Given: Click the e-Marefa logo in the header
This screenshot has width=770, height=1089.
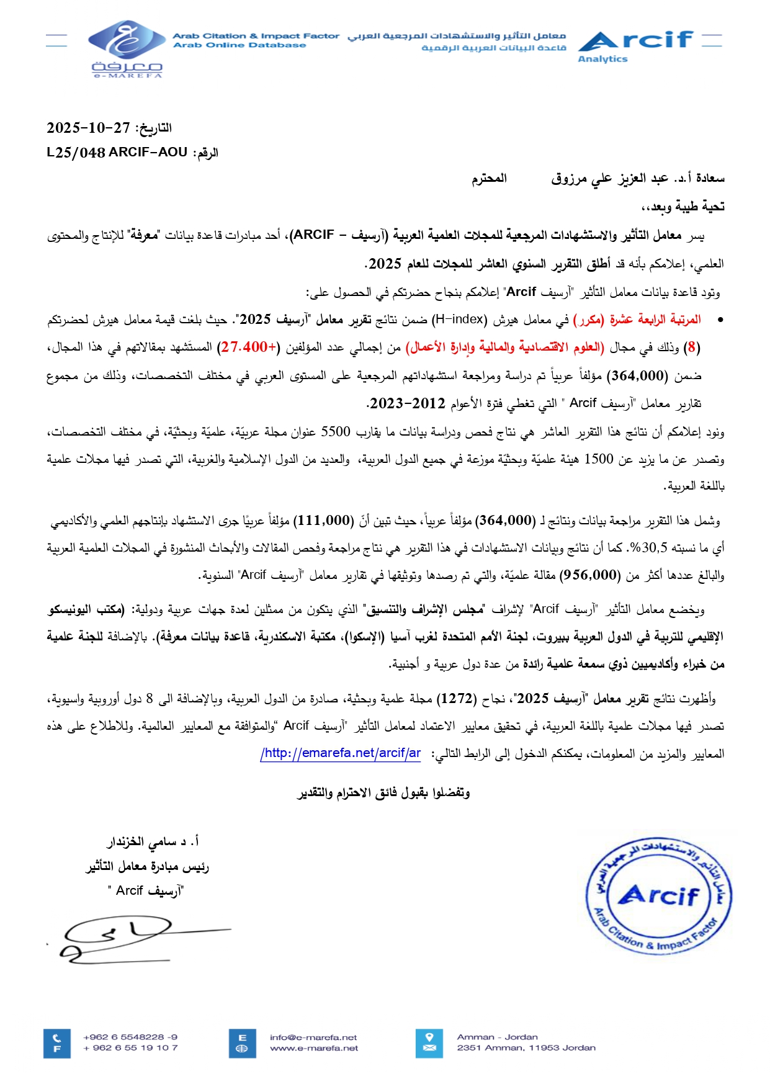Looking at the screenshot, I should (127, 48).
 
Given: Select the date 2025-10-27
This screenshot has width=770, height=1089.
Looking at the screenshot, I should (88, 128).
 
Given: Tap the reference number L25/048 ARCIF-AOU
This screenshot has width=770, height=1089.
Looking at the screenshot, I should (117, 152).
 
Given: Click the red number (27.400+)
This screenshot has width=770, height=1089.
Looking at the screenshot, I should (248, 347).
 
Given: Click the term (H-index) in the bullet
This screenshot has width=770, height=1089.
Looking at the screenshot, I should (460, 320).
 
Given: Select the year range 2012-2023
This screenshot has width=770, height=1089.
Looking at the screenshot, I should (406, 403).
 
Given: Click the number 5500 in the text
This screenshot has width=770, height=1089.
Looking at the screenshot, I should (336, 431).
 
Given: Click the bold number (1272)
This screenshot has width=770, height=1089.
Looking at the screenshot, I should (456, 699).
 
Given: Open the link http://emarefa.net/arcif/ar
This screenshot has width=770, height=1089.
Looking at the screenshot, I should (341, 753).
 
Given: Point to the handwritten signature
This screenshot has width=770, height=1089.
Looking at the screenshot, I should (124, 938).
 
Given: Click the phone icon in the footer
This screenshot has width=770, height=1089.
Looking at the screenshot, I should (57, 1037).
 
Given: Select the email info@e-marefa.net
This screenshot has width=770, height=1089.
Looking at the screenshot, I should (313, 1037).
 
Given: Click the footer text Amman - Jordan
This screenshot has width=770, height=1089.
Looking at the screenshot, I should (497, 1037).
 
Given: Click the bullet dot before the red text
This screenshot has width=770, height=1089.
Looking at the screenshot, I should (720, 320).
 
